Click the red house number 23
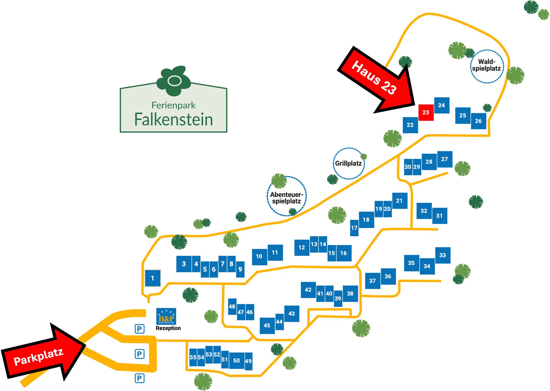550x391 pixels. (x=426, y=112)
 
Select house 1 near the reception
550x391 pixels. (x=153, y=278)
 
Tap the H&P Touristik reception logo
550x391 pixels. (x=166, y=316)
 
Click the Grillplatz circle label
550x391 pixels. (x=348, y=163)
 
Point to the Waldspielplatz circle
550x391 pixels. (x=487, y=66)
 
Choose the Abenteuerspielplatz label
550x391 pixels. (x=287, y=198)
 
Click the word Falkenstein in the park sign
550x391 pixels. (x=174, y=120)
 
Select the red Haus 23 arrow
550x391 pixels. (x=377, y=78)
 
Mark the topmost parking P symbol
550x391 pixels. (x=139, y=328)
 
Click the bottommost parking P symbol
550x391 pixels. (x=139, y=378)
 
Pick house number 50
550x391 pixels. (x=237, y=360)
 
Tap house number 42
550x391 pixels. (x=308, y=290)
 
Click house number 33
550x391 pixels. (x=442, y=255)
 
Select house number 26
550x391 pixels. (x=478, y=121)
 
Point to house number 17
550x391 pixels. (x=354, y=228)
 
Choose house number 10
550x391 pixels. (x=259, y=256)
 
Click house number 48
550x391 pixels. (x=232, y=306)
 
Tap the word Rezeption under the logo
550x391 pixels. (x=168, y=328)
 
